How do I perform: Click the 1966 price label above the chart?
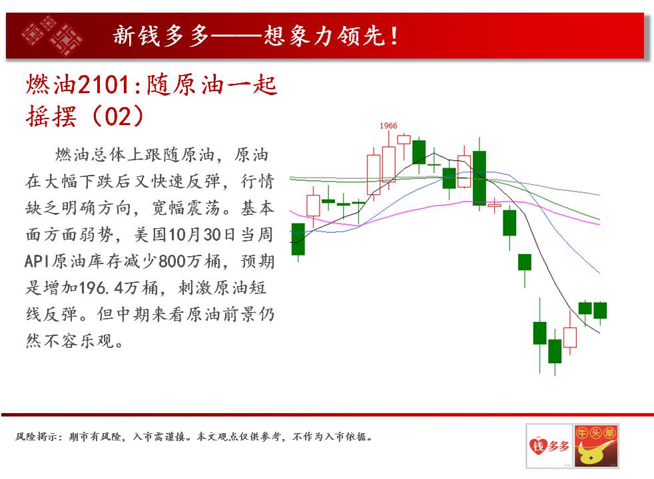(388, 125)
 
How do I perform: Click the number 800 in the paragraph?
(172, 261)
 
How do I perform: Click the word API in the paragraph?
(37, 261)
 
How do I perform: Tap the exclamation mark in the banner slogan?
(394, 36)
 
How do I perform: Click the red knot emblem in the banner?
(52, 35)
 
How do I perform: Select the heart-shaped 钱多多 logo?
(549, 446)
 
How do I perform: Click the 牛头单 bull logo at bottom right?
(595, 446)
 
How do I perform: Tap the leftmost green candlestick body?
(298, 239)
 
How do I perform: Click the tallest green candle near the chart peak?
(480, 178)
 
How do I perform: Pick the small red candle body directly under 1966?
(404, 140)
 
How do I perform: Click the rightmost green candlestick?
(600, 310)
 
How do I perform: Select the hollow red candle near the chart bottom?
(569, 337)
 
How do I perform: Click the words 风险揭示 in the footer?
(35, 436)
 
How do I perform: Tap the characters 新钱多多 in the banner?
(161, 36)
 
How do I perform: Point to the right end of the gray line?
(599, 194)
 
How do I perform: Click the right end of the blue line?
(599, 273)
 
